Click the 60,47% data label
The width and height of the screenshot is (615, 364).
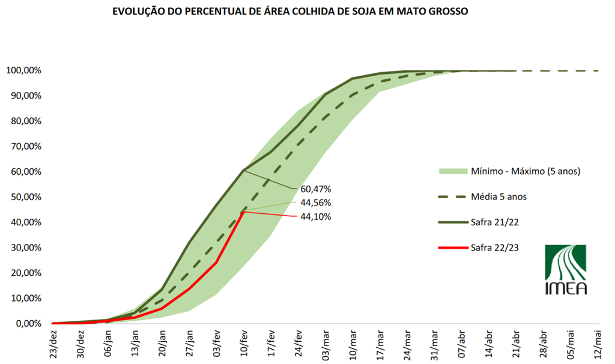point(315,189)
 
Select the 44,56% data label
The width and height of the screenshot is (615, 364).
point(315,202)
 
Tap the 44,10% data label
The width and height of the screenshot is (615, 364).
point(315,216)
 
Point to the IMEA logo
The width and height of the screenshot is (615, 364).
point(565,270)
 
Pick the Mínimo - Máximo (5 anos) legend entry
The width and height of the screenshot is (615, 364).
point(509,171)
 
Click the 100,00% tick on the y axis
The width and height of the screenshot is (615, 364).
point(23,70)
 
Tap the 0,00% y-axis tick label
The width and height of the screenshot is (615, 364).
point(27,324)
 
